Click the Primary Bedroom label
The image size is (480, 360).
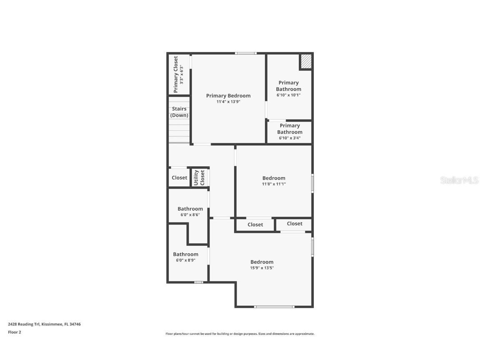point(228,96)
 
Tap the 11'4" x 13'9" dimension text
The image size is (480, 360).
point(228,102)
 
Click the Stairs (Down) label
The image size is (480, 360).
point(179,112)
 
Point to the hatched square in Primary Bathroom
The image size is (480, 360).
point(306,62)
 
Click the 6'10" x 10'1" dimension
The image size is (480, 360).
point(288,95)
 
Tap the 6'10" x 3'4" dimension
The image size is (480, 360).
point(290,138)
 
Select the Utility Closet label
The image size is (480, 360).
point(199,177)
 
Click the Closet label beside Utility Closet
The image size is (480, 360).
point(180,177)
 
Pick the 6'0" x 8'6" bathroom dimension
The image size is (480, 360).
point(190,215)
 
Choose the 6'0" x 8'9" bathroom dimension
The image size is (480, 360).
point(185,260)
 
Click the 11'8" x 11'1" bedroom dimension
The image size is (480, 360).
point(274,184)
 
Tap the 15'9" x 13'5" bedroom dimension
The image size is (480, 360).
point(262,268)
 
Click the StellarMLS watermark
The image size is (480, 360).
point(459,180)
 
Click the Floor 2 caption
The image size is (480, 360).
point(14,332)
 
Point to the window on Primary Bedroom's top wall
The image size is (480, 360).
point(245,53)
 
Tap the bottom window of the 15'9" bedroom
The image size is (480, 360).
point(274,307)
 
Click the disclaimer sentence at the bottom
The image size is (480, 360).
point(240,334)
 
